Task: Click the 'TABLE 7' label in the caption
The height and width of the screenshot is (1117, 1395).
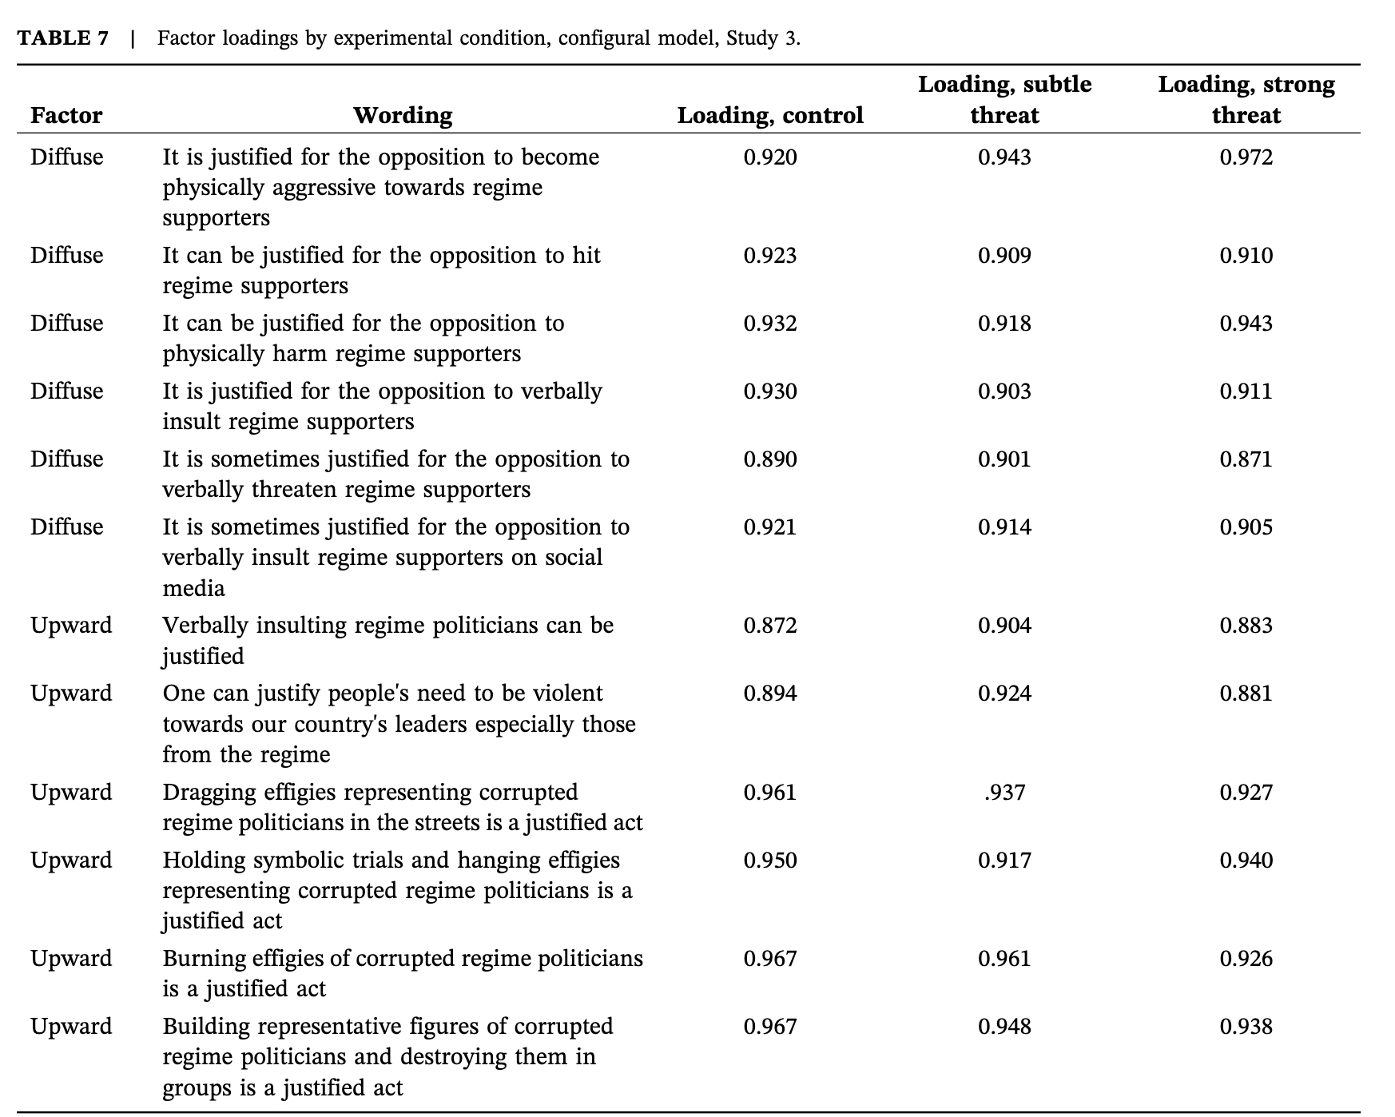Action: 63,38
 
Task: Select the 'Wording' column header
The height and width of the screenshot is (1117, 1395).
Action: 403,116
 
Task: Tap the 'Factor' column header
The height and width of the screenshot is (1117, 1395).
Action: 66,116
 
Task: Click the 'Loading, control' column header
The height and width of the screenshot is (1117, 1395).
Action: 770,116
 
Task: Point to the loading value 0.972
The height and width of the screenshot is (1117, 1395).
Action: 1246,157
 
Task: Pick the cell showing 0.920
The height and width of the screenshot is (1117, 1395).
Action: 770,157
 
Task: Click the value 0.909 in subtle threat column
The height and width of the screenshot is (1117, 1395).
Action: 1004,256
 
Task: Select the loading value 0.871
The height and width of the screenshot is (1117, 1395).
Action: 1246,459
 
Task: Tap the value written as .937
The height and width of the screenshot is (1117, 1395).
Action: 1004,793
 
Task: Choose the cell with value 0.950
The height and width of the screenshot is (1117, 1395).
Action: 770,861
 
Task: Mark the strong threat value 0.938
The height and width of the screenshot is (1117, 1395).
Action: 1246,1027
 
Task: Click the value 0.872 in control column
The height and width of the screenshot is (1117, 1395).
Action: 770,626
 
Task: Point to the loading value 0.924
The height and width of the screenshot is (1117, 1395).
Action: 1004,694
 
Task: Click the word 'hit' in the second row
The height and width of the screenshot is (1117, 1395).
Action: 586,256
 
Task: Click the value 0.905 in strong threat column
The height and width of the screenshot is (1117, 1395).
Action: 1246,527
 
